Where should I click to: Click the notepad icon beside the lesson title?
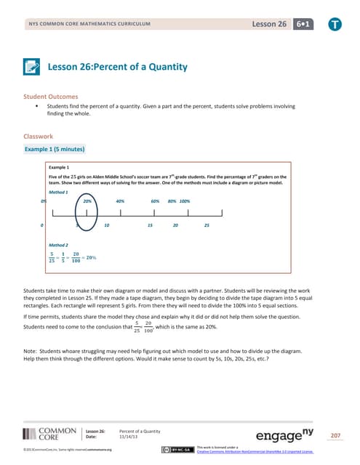(31, 67)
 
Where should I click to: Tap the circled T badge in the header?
(342, 23)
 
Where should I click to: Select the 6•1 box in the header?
(317, 24)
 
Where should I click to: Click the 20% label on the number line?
(87, 200)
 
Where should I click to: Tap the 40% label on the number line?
(121, 200)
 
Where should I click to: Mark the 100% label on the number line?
(185, 200)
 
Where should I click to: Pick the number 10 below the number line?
(107, 225)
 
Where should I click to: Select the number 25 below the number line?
(207, 225)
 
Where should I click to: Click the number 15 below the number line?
(150, 225)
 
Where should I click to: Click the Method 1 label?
(58, 192)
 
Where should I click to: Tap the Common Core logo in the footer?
(48, 434)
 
